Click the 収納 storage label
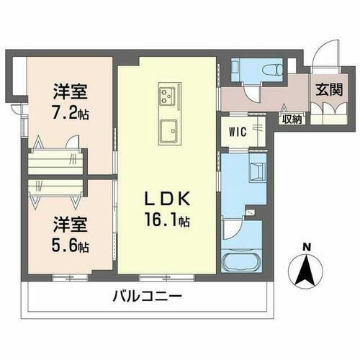click(292, 119)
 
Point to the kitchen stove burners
click(169, 95)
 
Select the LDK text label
click(167, 199)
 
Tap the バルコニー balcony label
click(146, 296)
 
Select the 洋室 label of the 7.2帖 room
click(69, 94)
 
